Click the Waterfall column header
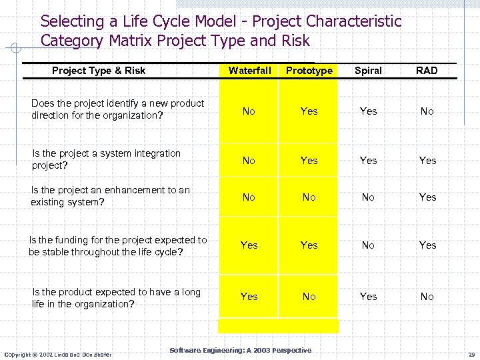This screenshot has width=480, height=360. [x=249, y=71]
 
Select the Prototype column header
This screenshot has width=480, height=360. [x=309, y=71]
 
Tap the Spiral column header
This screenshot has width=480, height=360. [x=368, y=71]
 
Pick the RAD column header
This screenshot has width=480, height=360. [x=427, y=71]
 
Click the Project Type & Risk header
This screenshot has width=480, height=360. [x=99, y=71]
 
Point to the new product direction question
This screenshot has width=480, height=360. [x=117, y=109]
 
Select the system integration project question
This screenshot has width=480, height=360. [x=106, y=159]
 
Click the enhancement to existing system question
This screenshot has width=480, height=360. [x=110, y=196]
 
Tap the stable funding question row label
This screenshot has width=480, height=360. [x=117, y=246]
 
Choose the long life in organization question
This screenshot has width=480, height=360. [x=116, y=298]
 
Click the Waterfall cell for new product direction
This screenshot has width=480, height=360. [x=249, y=111]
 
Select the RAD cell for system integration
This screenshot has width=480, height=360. [x=427, y=161]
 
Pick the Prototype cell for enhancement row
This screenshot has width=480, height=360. [x=309, y=197]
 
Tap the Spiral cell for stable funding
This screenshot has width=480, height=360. [x=368, y=245]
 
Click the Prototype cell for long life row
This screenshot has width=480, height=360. [x=309, y=297]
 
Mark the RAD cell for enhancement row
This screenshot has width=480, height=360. [x=427, y=197]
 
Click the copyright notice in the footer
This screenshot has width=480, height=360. [x=58, y=354]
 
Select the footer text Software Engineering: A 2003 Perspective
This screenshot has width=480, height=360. [x=240, y=351]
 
